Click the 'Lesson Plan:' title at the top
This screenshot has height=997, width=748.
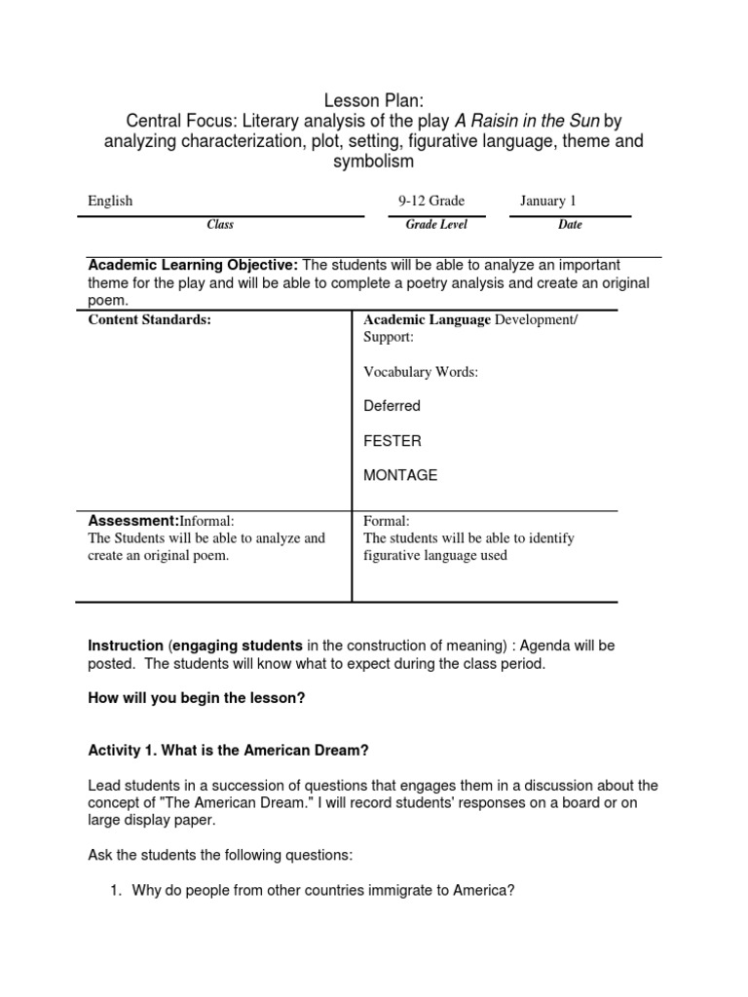[374, 100]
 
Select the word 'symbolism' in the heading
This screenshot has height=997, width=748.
[374, 162]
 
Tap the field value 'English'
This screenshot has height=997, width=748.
[110, 201]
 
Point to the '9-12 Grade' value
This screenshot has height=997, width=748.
[431, 201]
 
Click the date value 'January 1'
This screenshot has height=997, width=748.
[548, 201]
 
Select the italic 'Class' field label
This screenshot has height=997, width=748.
[220, 225]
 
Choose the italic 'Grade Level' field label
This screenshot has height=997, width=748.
[436, 225]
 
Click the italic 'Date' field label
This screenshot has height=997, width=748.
[571, 225]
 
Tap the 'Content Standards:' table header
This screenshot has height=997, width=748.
[149, 320]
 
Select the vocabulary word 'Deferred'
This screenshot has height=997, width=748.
[392, 406]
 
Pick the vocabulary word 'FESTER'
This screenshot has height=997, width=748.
[393, 441]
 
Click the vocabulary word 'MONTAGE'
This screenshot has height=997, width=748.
[400, 475]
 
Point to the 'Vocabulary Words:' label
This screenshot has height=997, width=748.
[421, 372]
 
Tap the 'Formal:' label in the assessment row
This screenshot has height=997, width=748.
[387, 521]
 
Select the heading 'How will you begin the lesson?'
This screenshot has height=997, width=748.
[197, 698]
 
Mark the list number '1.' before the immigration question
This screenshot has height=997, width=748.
[115, 890]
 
